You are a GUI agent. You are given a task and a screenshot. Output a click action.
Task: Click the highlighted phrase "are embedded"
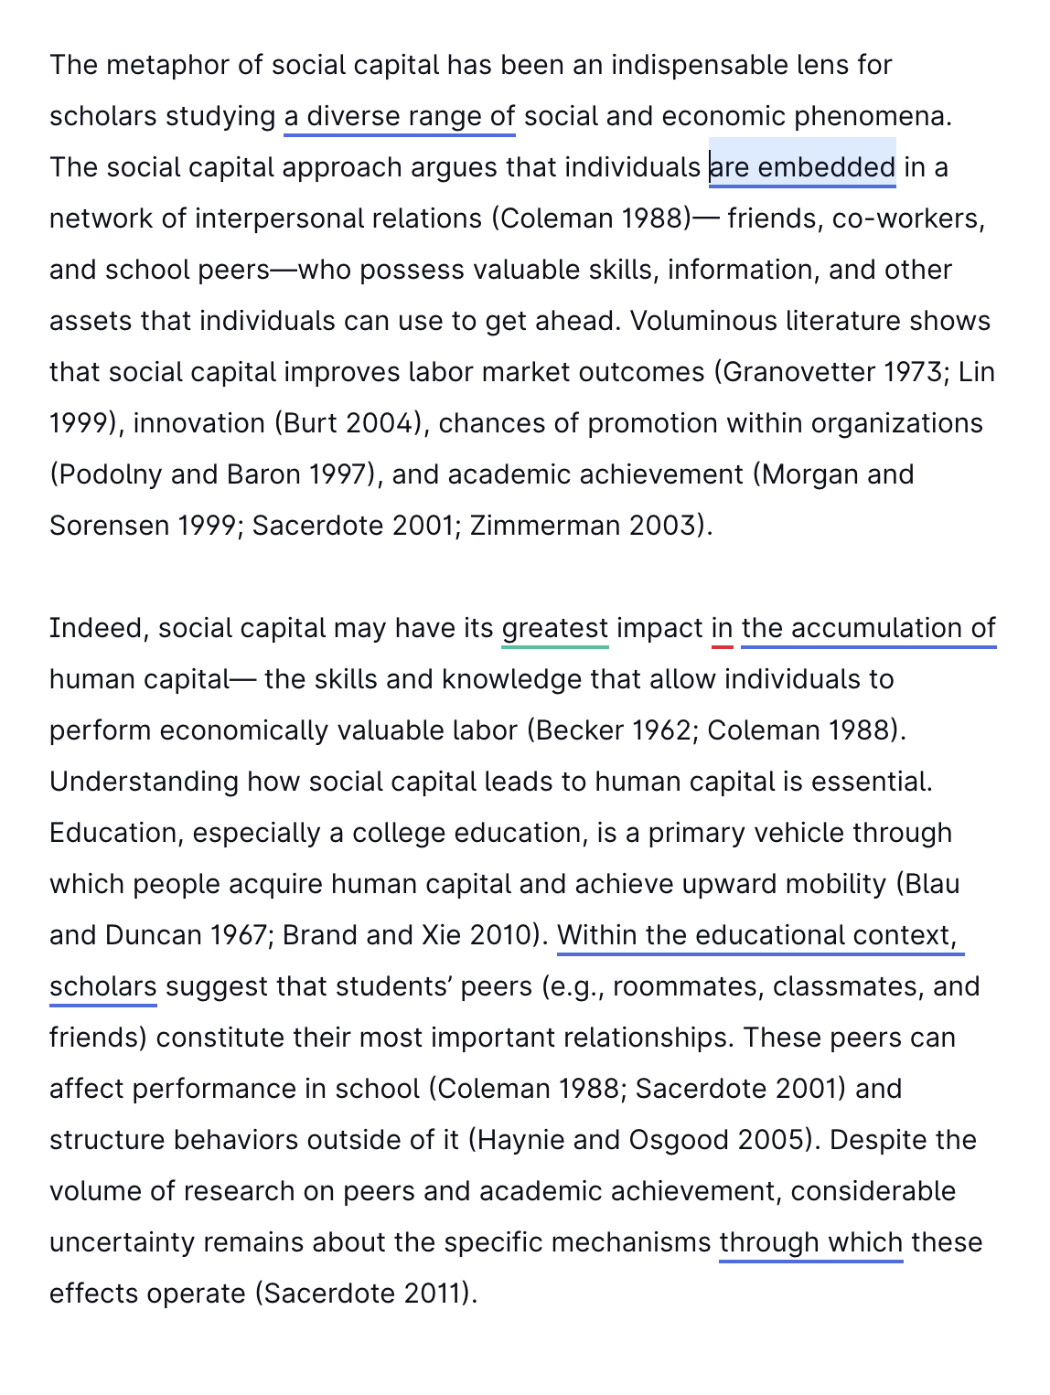(802, 167)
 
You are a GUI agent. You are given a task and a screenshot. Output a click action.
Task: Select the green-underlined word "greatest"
(554, 629)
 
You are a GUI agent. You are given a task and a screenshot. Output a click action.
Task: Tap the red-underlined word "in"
(722, 629)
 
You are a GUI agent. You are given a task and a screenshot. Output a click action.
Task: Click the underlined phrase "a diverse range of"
(399, 117)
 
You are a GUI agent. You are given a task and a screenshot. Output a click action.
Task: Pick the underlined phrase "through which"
(810, 1243)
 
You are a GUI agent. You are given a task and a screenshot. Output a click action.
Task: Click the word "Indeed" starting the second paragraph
(98, 629)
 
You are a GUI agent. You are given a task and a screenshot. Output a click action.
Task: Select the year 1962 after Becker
(652, 731)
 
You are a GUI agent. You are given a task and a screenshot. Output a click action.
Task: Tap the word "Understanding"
(144, 783)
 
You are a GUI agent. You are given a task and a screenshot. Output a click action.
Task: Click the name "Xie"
(442, 936)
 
